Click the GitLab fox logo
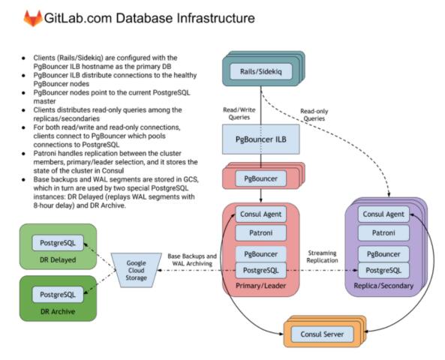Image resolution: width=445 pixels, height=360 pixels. click(x=33, y=18)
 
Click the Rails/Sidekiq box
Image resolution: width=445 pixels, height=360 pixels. click(x=261, y=71)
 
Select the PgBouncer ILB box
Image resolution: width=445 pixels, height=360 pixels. click(x=261, y=139)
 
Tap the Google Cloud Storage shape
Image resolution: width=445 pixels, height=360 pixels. click(x=137, y=270)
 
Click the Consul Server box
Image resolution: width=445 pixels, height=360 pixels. click(x=323, y=334)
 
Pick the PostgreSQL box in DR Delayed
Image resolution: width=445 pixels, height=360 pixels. click(x=58, y=243)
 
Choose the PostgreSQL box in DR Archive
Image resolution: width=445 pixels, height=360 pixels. click(x=58, y=295)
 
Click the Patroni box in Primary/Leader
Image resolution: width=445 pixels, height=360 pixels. click(x=261, y=233)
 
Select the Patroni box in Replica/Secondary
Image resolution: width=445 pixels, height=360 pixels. click(x=383, y=233)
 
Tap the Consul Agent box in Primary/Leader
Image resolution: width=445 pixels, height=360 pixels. click(x=261, y=214)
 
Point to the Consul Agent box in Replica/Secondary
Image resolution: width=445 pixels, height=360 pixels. click(x=383, y=214)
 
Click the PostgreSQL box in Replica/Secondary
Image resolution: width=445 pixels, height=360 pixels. click(x=383, y=270)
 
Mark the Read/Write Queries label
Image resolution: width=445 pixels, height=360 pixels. click(x=239, y=113)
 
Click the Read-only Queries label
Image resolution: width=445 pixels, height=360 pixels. click(x=314, y=115)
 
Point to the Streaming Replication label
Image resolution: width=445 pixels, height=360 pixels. click(x=323, y=256)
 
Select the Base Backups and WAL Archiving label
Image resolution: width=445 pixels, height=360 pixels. click(x=192, y=259)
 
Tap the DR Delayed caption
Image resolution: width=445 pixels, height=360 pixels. click(x=58, y=259)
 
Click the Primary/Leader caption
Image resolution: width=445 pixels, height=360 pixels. click(x=261, y=286)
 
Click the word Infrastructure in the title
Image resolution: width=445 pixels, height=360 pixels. click(x=215, y=18)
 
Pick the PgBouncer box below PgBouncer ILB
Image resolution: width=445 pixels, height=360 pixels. click(x=261, y=178)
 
